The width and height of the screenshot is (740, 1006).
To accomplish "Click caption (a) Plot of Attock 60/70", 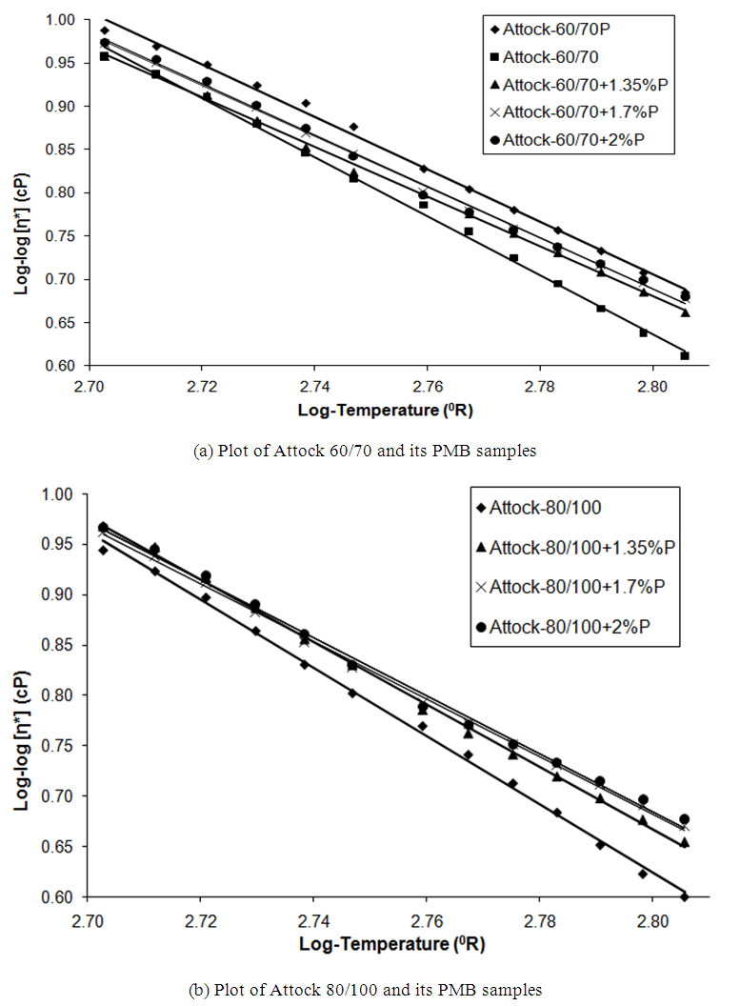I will (366, 452).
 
